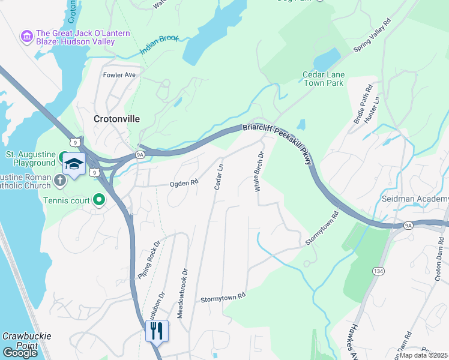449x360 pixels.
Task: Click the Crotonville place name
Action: (x=116, y=119)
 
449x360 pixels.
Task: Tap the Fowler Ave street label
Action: (x=120, y=75)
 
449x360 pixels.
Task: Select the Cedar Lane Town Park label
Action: (x=323, y=79)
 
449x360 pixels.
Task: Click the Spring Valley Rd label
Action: (x=372, y=35)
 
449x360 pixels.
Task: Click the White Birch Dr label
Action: (x=258, y=172)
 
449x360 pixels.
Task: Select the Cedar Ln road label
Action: (x=218, y=176)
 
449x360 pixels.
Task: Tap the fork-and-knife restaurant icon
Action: (x=157, y=331)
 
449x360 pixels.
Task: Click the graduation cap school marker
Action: (x=74, y=164)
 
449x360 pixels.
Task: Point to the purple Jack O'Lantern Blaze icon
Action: (x=26, y=37)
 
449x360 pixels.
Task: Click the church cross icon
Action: (x=60, y=180)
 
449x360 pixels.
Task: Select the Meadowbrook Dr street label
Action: (x=182, y=293)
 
